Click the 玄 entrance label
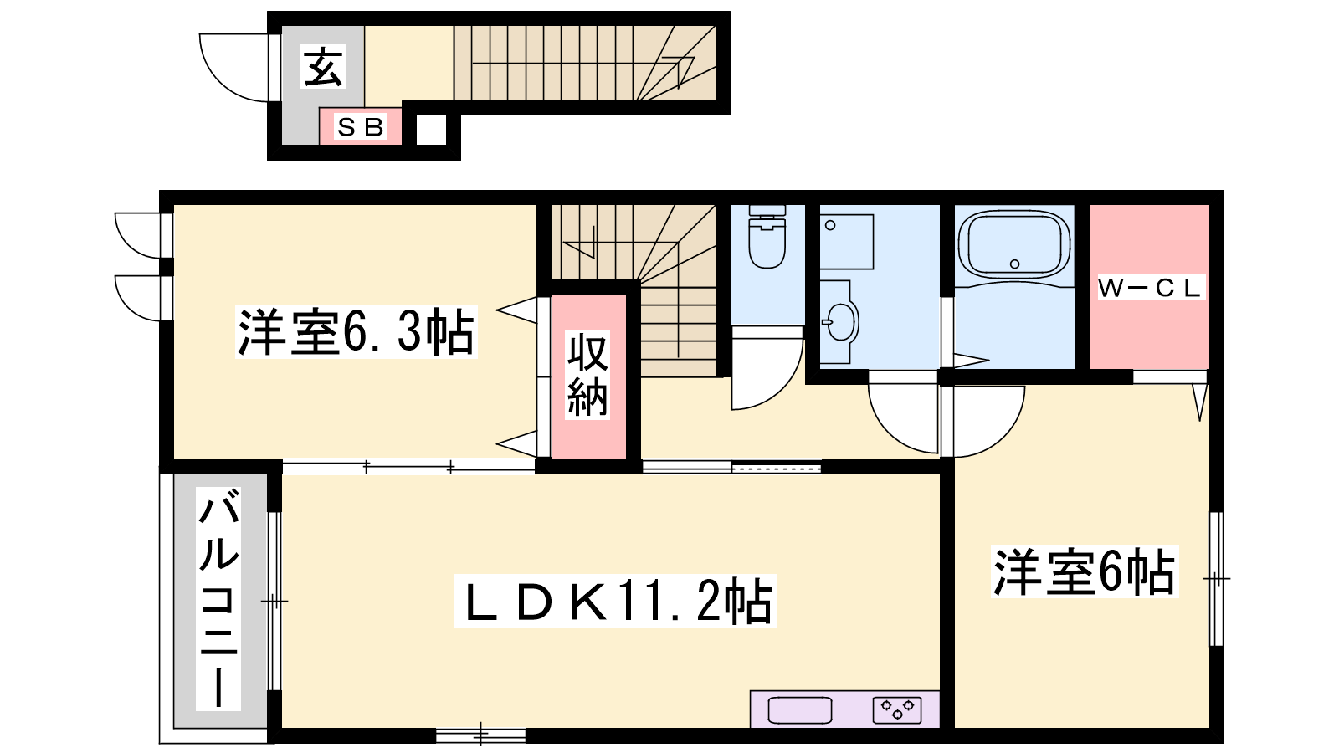tap(324, 67)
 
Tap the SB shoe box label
tap(361, 126)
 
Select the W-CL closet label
tap(1150, 288)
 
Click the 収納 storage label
tap(587, 376)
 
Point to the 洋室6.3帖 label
tap(357, 332)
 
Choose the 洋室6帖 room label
tap(1085, 572)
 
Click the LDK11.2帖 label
tap(615, 602)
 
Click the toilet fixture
tap(767, 237)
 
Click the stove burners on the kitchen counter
tap(897, 710)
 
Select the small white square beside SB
tap(432, 130)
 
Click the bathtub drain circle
tap(1014, 264)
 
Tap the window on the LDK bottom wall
tap(480, 735)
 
